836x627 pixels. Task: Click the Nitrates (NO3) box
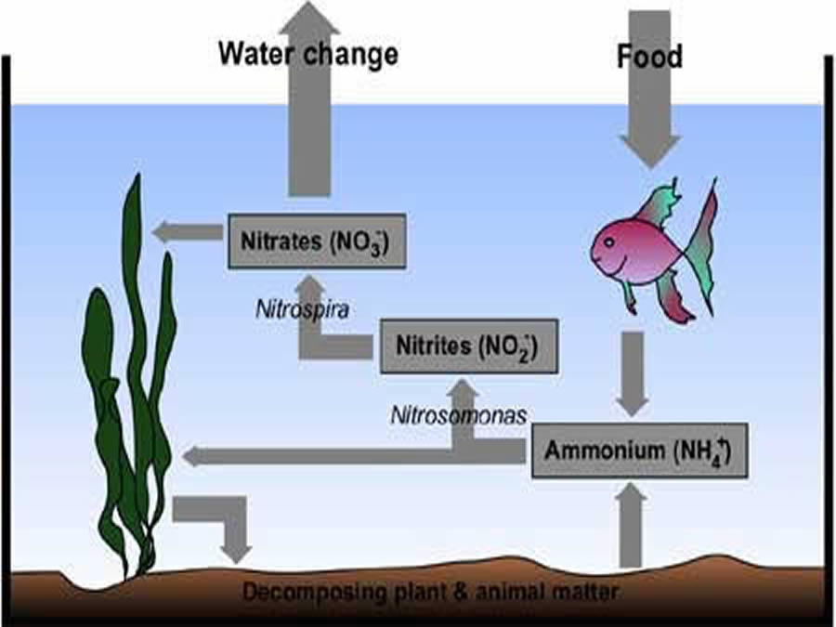click(x=317, y=241)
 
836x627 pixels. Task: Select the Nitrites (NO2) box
click(x=469, y=346)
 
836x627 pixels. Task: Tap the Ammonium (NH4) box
click(x=639, y=451)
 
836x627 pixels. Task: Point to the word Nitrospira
click(x=302, y=309)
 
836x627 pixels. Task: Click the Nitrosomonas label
click(x=459, y=415)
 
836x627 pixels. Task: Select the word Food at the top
click(x=649, y=56)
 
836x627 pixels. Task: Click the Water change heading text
click(x=308, y=54)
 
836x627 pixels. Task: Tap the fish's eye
click(x=608, y=242)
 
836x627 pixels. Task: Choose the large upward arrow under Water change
click(x=309, y=98)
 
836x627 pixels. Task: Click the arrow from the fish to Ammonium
click(x=633, y=374)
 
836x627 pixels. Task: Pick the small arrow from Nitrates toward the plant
click(x=187, y=232)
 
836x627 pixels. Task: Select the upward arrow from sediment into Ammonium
click(x=631, y=525)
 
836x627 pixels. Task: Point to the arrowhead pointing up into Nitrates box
click(x=311, y=285)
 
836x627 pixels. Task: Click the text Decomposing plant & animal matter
click(x=431, y=592)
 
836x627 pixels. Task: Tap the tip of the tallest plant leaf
click(x=137, y=175)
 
